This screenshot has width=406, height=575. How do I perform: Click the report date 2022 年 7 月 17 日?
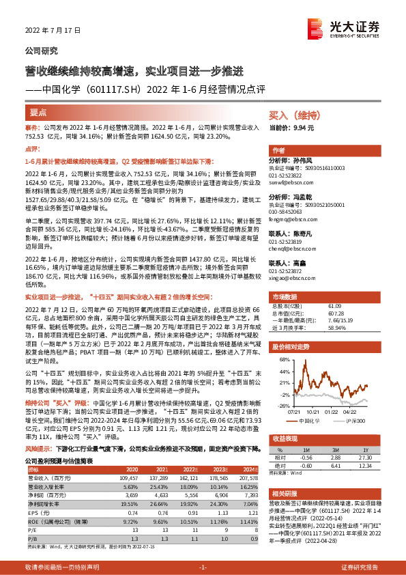[x=53, y=31]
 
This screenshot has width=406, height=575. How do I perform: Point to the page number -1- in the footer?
[x=203, y=567]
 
